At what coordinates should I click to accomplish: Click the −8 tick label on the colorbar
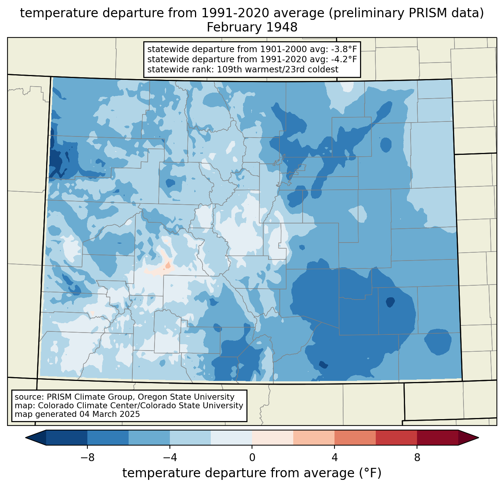click(x=87, y=457)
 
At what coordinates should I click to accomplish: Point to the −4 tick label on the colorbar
click(x=169, y=457)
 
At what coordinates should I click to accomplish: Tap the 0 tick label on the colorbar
click(x=252, y=457)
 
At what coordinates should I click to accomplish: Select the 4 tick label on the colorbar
click(x=334, y=457)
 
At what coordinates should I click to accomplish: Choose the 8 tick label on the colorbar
click(x=417, y=457)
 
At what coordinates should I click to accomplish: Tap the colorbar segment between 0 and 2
click(x=273, y=438)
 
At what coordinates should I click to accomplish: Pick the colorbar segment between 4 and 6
click(x=355, y=438)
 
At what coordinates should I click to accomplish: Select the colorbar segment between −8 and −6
click(x=108, y=438)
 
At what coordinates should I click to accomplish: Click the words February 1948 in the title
click(x=252, y=27)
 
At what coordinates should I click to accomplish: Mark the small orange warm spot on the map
click(x=168, y=265)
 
